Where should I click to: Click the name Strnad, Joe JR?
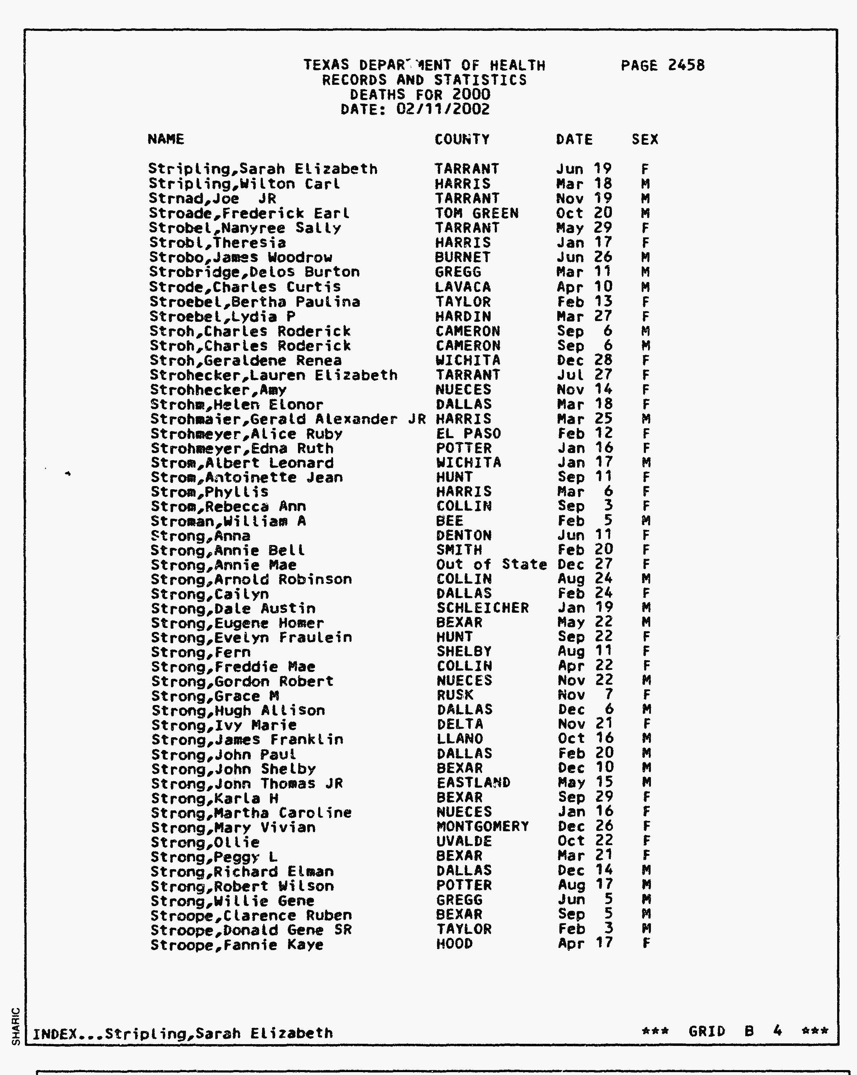(x=212, y=198)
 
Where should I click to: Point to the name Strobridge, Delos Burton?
(x=254, y=272)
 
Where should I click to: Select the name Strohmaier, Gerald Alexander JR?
(x=288, y=419)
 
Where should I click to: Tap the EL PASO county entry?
(x=468, y=434)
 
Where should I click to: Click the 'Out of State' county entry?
(x=491, y=564)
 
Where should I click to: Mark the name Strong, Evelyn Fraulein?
(x=251, y=638)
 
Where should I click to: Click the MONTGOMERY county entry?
(x=482, y=827)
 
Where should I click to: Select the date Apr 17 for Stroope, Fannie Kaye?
(x=585, y=943)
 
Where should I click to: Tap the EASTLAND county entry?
(x=474, y=783)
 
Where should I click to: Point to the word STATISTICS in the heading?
(x=480, y=80)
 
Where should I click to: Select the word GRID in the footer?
(x=707, y=1031)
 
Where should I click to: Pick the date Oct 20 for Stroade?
(x=584, y=214)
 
